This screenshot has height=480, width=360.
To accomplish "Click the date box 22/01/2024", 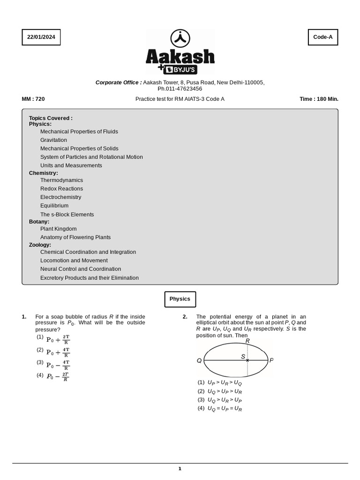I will tap(41, 37).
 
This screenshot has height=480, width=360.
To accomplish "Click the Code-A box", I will tap(322, 37).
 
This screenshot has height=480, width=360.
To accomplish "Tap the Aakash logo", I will tap(180, 52).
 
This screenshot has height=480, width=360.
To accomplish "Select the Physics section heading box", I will tap(180, 299).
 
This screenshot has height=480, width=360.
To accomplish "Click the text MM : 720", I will tap(33, 99).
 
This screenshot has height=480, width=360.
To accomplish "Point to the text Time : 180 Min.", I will tap(319, 99).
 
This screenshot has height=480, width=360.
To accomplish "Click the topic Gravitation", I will tap(53, 140).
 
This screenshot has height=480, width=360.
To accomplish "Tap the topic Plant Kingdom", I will tap(58, 229).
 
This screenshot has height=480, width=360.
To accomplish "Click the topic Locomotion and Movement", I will tap(74, 261).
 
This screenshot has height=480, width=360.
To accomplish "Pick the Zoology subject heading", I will tap(40, 245).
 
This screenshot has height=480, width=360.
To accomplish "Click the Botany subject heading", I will tap(39, 222).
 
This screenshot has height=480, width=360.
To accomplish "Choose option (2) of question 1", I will tap(53, 352).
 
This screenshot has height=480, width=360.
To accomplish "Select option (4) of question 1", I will tap(53, 376).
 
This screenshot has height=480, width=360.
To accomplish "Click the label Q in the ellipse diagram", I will tap(199, 360).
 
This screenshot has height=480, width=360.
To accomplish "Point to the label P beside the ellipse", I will tap(271, 360).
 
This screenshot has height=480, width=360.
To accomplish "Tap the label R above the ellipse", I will tap(247, 341).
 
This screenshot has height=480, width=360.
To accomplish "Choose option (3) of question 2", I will tap(220, 400).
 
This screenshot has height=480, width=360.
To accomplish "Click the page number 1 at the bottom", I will tap(180, 468).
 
